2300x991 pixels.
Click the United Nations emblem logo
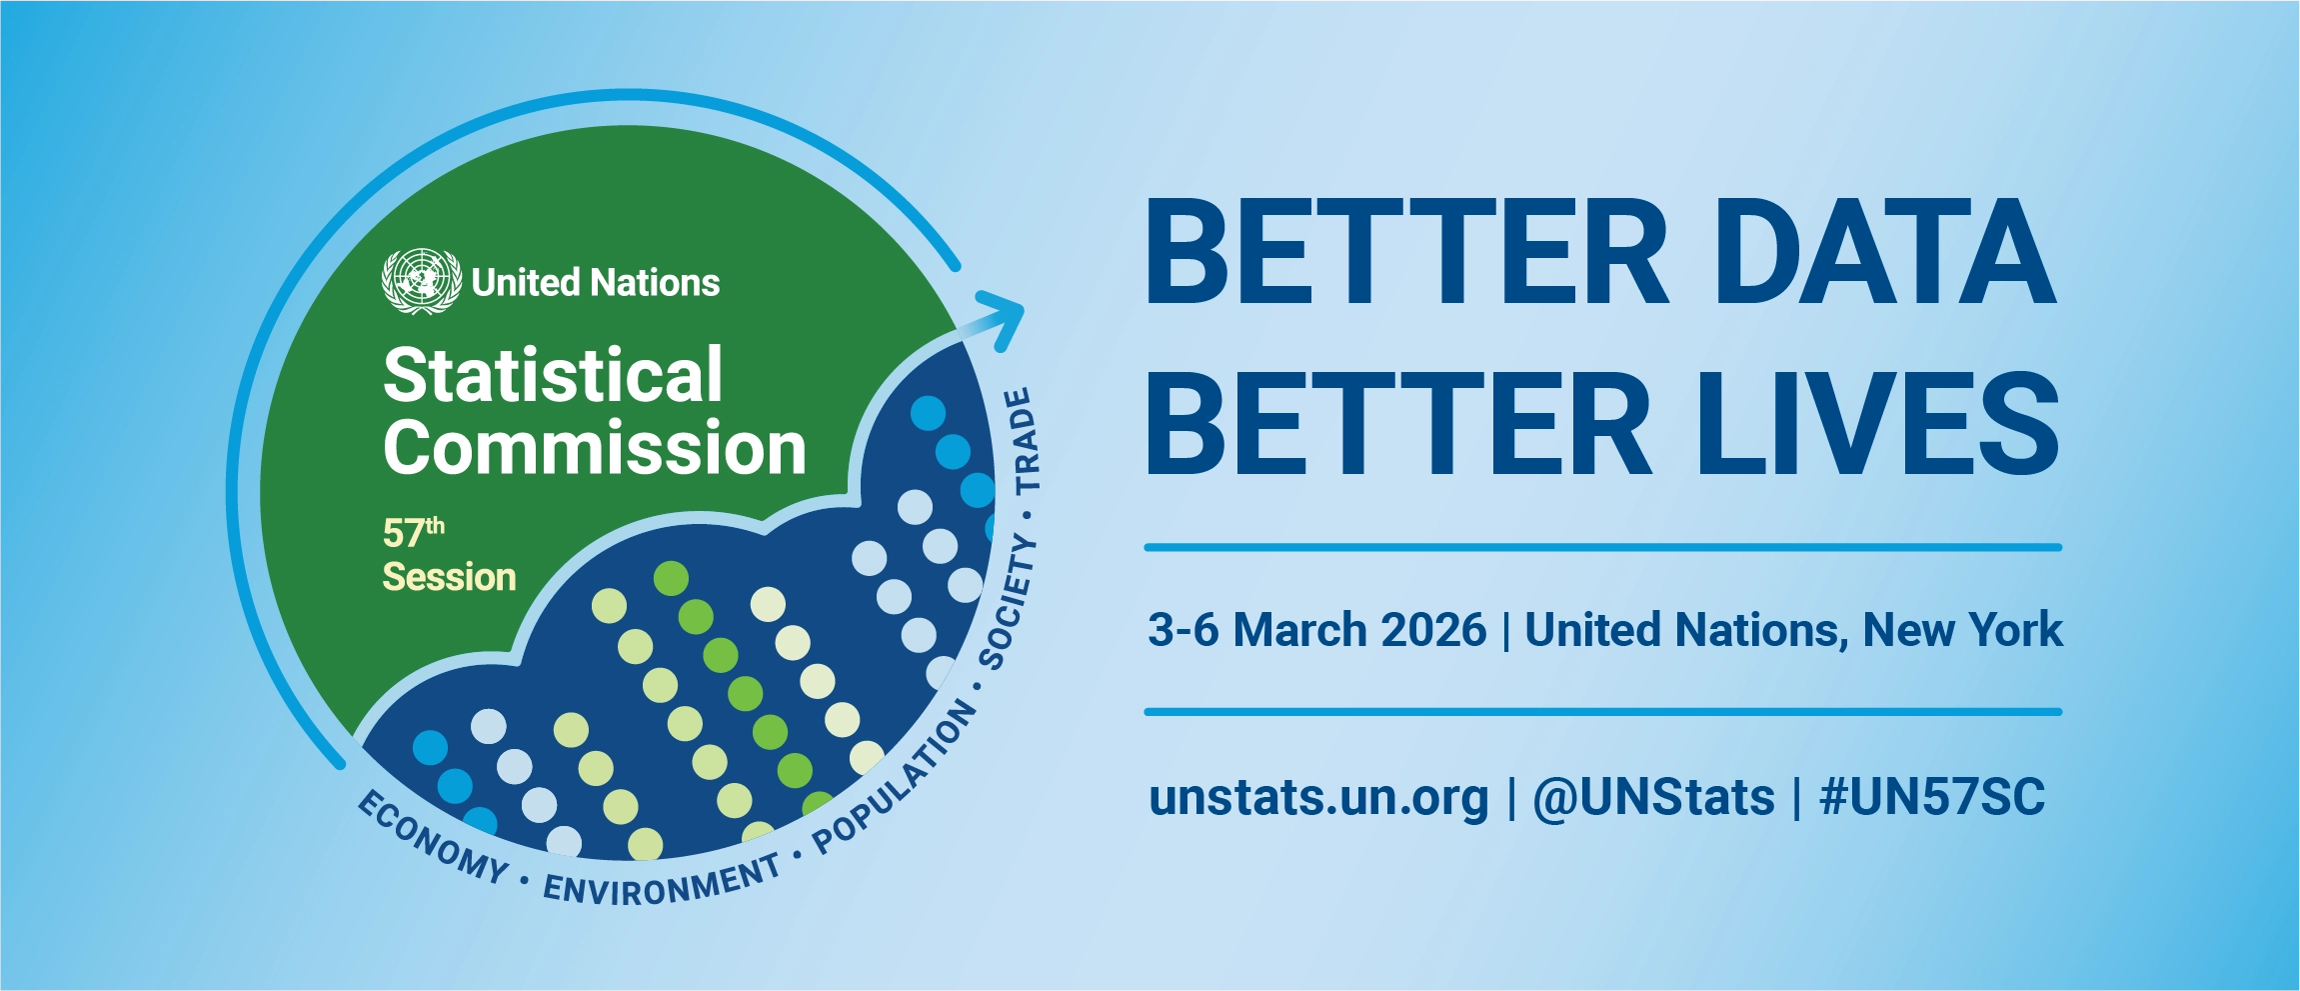coord(421,281)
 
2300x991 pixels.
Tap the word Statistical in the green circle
coord(553,376)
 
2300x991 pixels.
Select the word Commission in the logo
coord(595,448)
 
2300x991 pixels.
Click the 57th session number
coord(413,532)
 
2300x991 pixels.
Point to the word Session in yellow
coord(449,577)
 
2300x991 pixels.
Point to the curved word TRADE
coord(1024,441)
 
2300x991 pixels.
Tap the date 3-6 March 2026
coord(1316,630)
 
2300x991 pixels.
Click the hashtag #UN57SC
coord(1932,798)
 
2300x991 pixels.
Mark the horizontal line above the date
coord(1602,547)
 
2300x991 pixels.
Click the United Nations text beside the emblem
coord(596,283)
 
